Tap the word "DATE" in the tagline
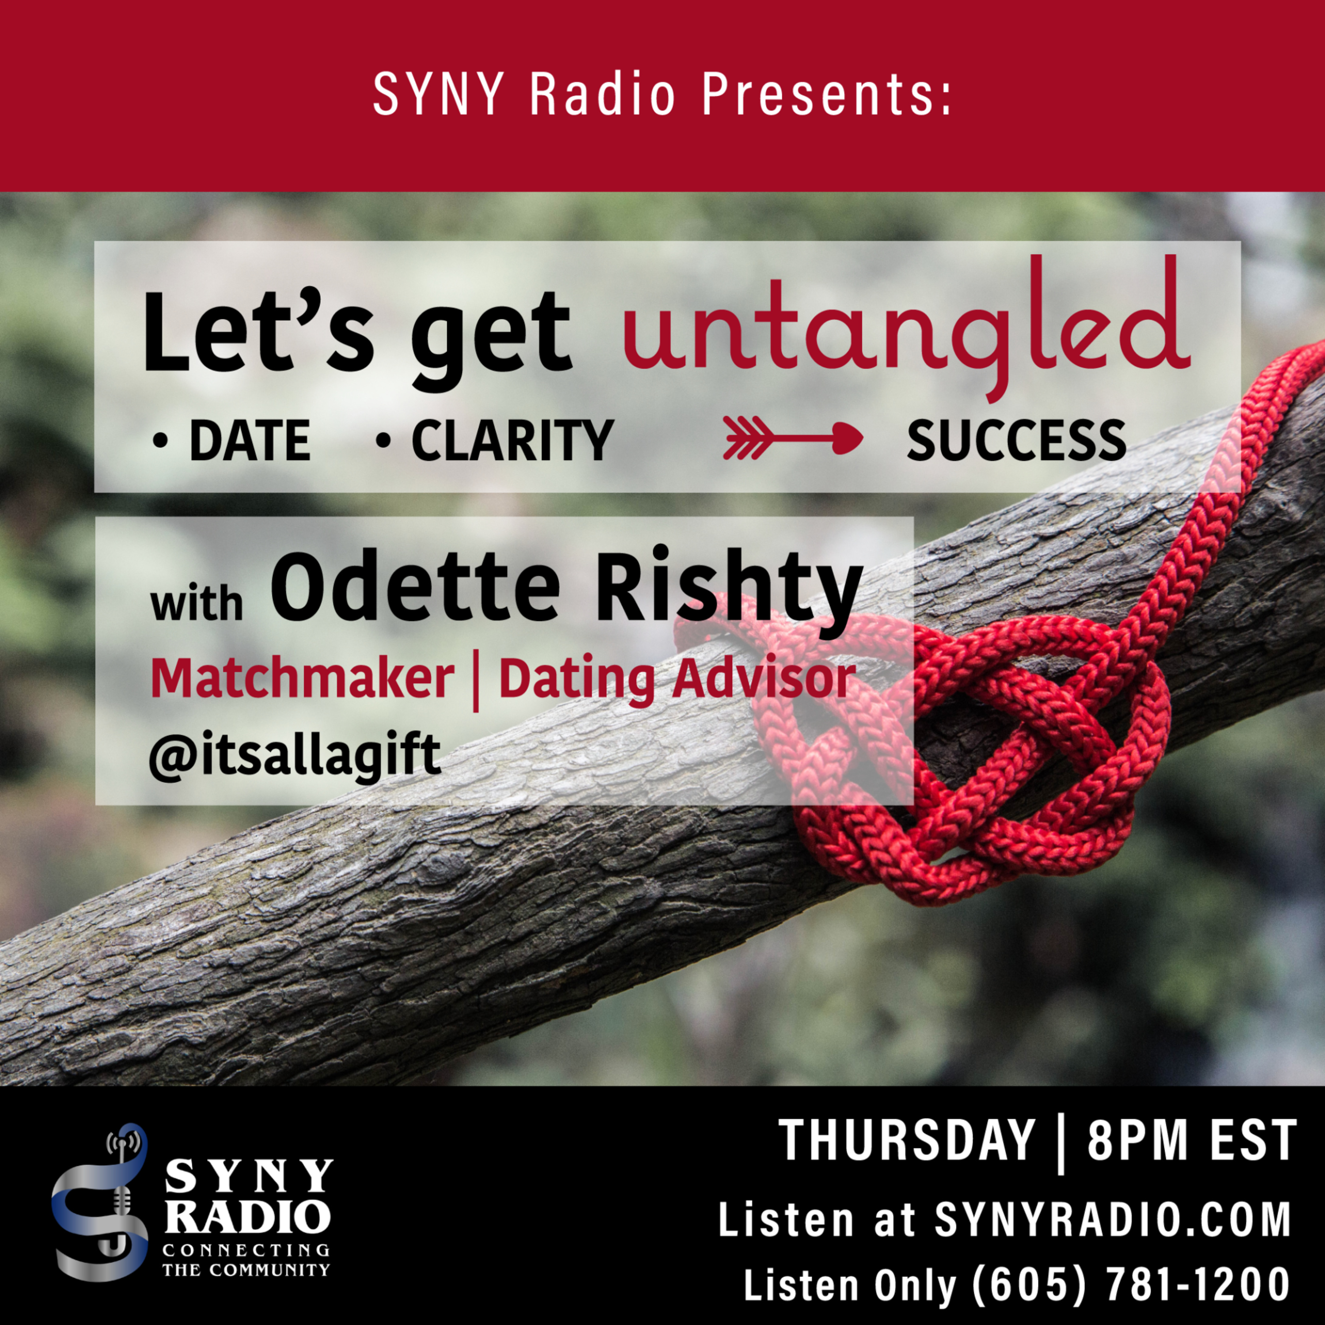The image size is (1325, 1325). tap(250, 441)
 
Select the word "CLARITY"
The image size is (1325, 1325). tap(511, 441)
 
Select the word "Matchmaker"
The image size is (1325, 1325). tap(302, 678)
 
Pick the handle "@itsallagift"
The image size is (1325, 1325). tap(295, 755)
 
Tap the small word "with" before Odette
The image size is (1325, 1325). tap(197, 603)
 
